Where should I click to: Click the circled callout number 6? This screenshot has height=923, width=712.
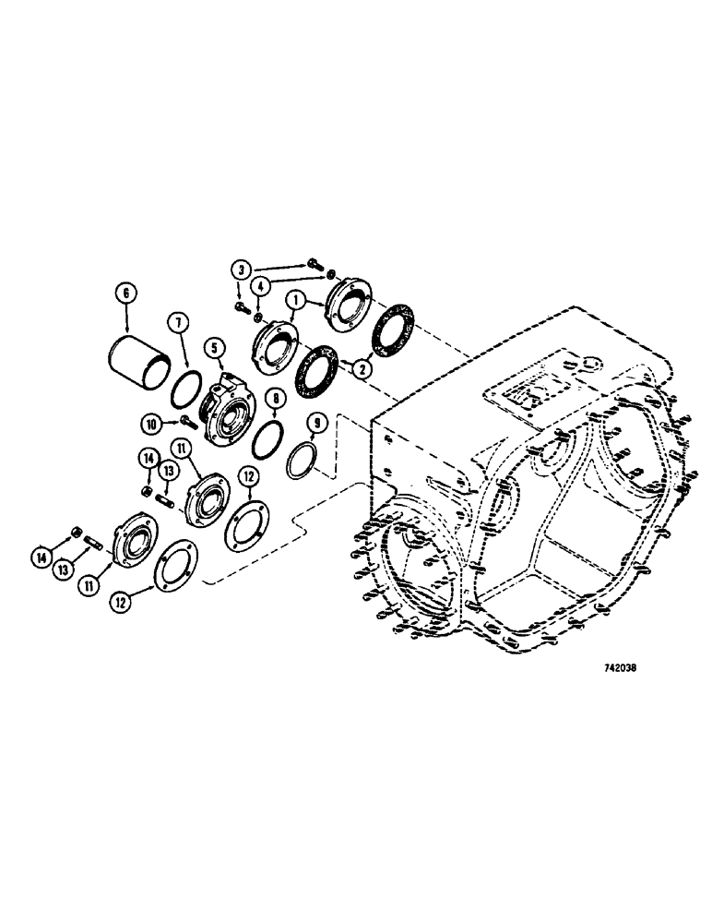[125, 294]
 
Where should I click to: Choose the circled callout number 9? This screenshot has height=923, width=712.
[316, 425]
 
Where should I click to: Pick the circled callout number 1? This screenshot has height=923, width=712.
[297, 301]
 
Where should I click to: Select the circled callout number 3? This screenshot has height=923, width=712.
[242, 269]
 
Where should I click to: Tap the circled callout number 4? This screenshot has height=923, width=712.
[260, 286]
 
